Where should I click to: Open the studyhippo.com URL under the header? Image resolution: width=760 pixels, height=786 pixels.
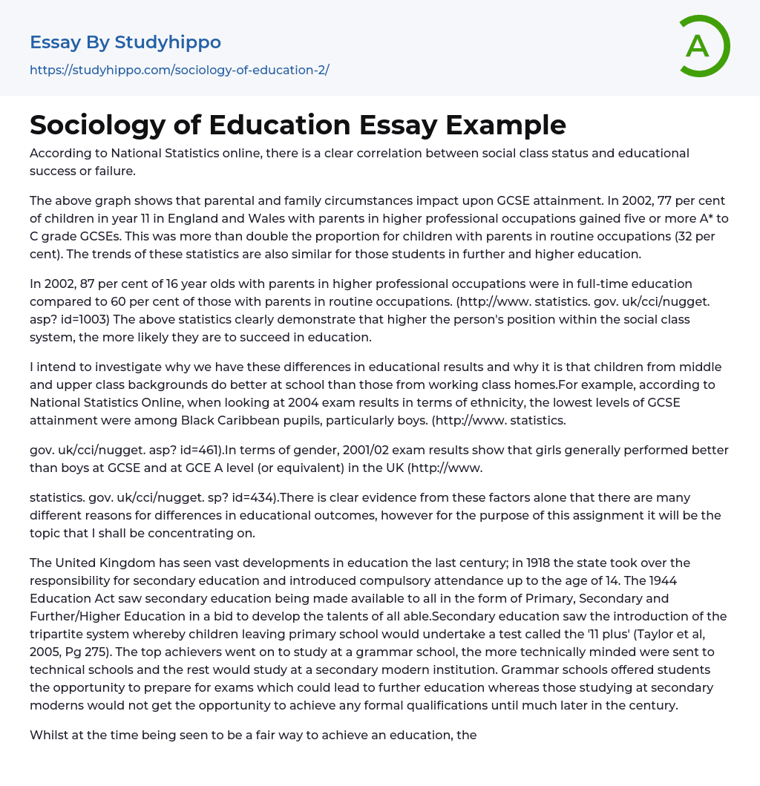(180, 70)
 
